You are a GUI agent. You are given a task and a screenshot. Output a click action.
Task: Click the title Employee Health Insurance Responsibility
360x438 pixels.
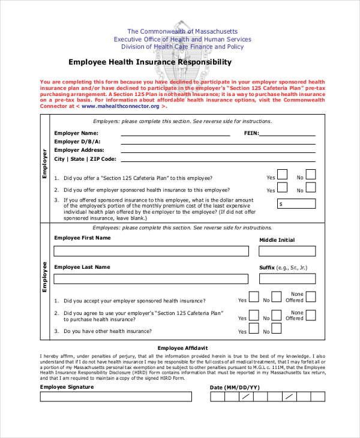[x=149, y=62]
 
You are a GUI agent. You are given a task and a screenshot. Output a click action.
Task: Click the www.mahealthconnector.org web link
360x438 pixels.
[x=121, y=106]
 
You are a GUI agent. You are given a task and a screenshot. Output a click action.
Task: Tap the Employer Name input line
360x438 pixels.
[x=175, y=134]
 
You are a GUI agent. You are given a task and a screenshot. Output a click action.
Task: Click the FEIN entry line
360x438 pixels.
[x=287, y=134]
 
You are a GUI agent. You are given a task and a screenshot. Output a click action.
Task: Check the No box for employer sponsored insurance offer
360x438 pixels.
[x=310, y=187]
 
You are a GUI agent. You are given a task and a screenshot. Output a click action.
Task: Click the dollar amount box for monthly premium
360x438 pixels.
[x=296, y=203]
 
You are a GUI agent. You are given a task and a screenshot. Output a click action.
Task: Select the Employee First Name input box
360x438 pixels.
[x=151, y=251]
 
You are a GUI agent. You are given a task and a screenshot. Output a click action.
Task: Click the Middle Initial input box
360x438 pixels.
[x=287, y=251]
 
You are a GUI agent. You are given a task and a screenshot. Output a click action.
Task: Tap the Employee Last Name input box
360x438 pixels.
[x=151, y=279]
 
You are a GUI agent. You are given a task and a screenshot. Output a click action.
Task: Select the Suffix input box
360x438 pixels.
[x=287, y=279]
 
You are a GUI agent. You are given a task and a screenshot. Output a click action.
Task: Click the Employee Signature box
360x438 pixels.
[x=116, y=397]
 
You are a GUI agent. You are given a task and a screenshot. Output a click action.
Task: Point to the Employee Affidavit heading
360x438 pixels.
[x=182, y=348]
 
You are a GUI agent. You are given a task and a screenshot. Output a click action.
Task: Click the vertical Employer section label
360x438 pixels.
[x=44, y=164]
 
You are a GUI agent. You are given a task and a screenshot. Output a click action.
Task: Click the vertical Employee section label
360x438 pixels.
[x=44, y=277]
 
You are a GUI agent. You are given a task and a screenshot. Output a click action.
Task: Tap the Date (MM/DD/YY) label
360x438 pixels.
[x=234, y=388]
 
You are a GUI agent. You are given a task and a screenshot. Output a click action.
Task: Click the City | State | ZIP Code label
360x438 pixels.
[x=85, y=159]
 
